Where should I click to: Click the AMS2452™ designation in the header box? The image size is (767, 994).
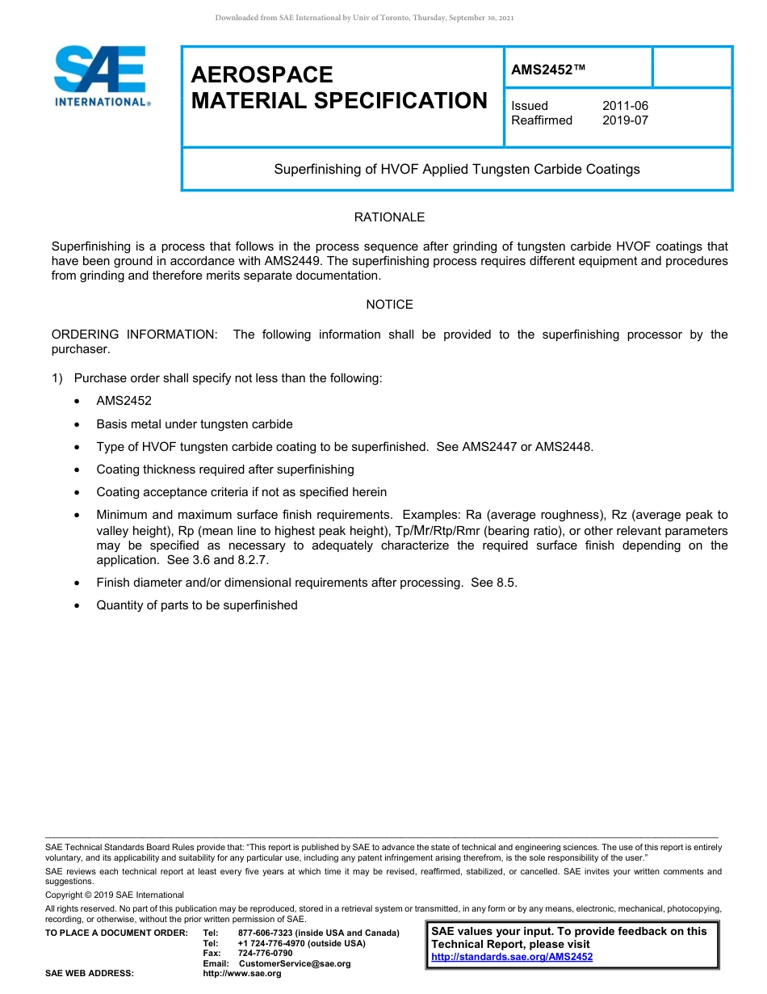(x=547, y=70)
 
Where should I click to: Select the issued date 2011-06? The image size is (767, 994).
(x=625, y=106)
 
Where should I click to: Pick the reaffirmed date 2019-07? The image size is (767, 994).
(x=625, y=120)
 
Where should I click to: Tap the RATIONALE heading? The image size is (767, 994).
(x=389, y=217)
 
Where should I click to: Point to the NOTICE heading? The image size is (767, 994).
(x=389, y=305)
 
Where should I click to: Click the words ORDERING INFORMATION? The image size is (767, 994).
(x=134, y=335)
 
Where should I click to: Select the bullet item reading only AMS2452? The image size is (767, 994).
(x=124, y=401)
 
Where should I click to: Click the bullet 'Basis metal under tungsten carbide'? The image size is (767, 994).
(x=194, y=424)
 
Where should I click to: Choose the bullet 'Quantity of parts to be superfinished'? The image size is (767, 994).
(x=196, y=605)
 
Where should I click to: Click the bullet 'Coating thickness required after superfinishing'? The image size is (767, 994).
(x=224, y=470)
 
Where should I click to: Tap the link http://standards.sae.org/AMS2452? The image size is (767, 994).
(x=512, y=957)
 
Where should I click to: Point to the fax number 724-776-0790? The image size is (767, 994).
(x=265, y=954)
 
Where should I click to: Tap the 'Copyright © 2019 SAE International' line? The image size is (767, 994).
(x=115, y=895)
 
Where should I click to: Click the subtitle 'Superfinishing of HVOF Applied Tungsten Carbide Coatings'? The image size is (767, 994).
(x=457, y=170)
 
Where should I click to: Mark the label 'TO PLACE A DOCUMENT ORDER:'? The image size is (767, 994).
(x=116, y=933)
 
